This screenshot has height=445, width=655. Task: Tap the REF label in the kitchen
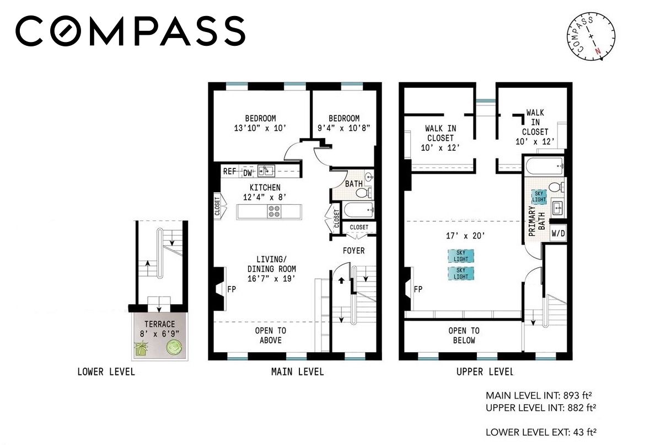(x=229, y=172)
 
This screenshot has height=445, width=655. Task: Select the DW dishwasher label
(x=248, y=173)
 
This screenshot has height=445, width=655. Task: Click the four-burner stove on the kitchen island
(x=275, y=211)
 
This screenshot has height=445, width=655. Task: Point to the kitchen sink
(x=266, y=171)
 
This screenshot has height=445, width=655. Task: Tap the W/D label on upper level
(x=558, y=234)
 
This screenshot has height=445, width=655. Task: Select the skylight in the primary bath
(x=539, y=197)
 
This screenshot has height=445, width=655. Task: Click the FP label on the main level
(x=232, y=289)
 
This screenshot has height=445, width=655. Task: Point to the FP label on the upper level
(x=418, y=289)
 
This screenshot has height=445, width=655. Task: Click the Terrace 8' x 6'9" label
(x=159, y=329)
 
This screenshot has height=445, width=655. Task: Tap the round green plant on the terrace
(x=174, y=347)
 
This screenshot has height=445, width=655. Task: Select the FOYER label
(x=354, y=251)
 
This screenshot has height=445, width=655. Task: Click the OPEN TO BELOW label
(x=464, y=336)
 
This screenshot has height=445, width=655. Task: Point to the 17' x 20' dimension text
(x=465, y=236)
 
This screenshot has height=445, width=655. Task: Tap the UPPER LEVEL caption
(x=485, y=372)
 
